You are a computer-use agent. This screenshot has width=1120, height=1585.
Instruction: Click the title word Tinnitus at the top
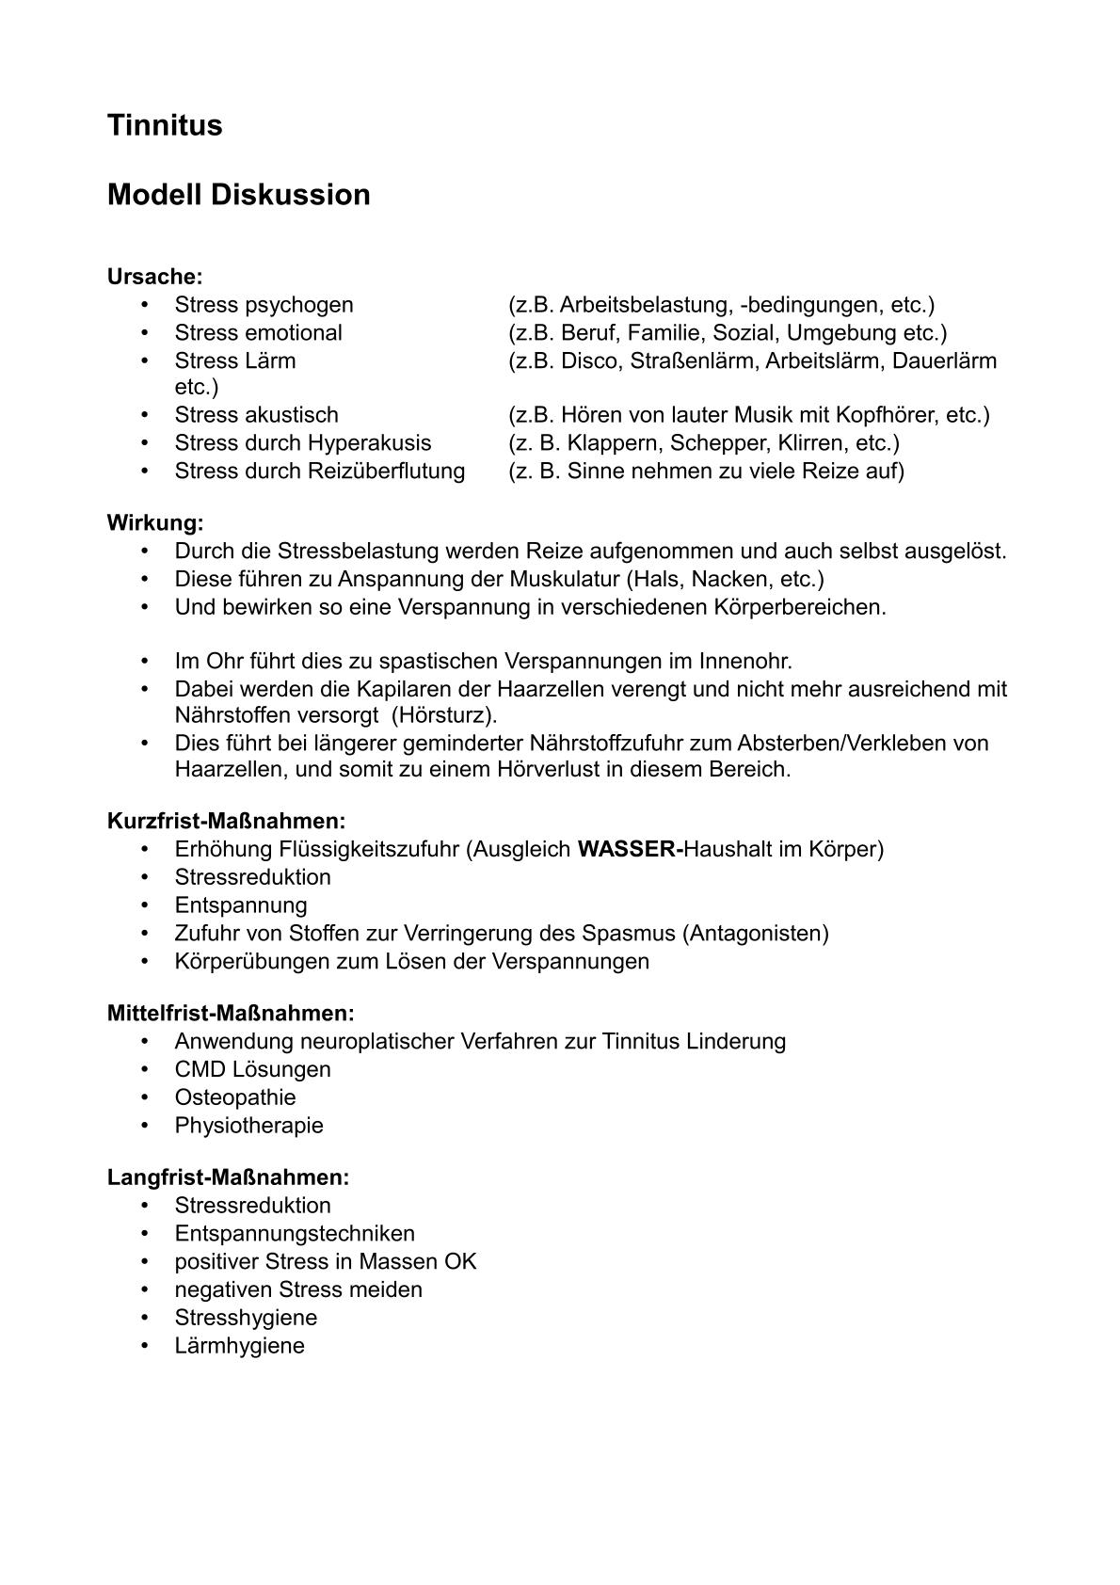tap(165, 125)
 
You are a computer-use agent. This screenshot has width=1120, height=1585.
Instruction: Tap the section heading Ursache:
tap(154, 277)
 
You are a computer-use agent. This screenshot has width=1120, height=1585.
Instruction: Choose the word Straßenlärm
tap(692, 360)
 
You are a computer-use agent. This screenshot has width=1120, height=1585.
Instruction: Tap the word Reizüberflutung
tap(386, 471)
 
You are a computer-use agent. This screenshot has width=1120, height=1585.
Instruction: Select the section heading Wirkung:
tap(155, 522)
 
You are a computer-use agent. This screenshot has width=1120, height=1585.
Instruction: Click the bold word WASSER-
tap(630, 849)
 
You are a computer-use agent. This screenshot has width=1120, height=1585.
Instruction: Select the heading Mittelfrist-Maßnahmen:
tap(231, 1014)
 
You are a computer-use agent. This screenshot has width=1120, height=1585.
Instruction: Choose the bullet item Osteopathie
tap(235, 1097)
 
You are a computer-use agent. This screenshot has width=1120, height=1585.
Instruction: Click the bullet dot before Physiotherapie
tap(145, 1126)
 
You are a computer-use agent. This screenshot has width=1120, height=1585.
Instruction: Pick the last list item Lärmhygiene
tap(239, 1346)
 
